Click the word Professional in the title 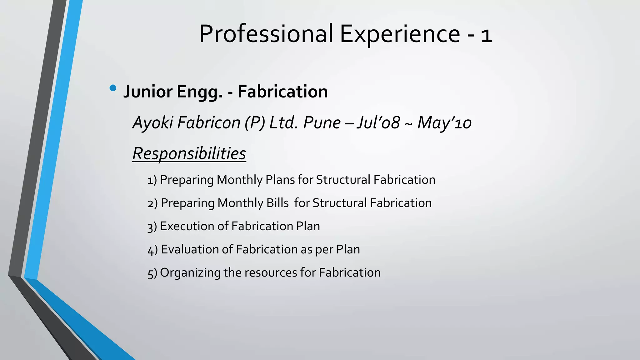(x=266, y=33)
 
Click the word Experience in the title (x=400, y=33)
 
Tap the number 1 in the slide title (x=487, y=35)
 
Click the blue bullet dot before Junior (x=113, y=88)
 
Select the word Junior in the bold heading (x=148, y=92)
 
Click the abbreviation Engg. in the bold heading (x=200, y=92)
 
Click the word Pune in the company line (x=322, y=122)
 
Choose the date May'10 (x=444, y=122)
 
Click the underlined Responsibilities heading (x=189, y=153)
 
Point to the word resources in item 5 (x=271, y=272)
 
